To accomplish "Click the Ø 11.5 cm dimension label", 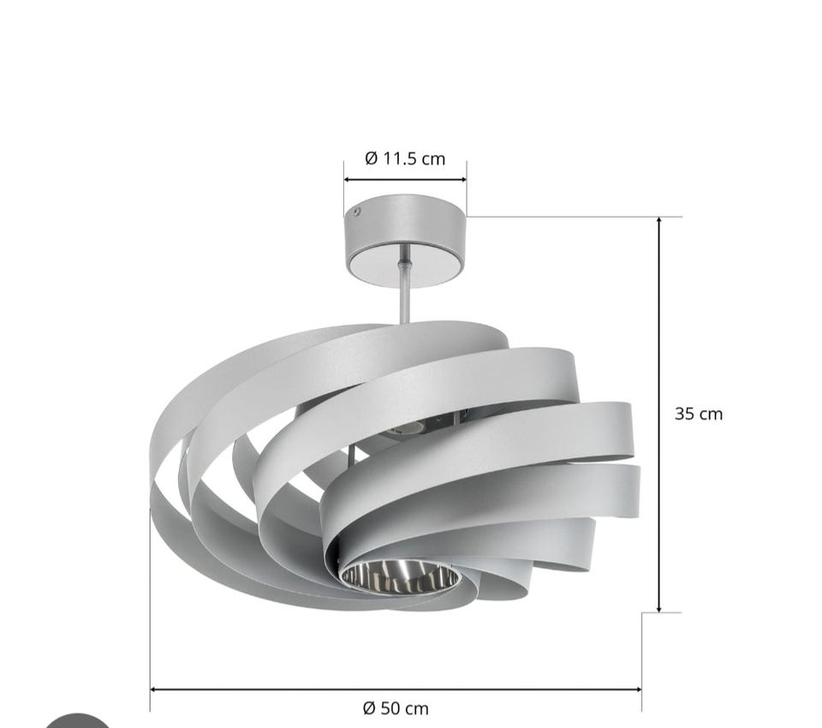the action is point(405,158).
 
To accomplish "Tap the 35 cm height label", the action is point(699,414).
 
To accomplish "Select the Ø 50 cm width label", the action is point(396,708).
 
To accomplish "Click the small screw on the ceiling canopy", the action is point(356,212).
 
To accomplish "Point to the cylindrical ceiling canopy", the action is point(405,240).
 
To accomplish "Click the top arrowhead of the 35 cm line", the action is point(659,220).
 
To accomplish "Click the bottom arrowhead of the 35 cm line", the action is point(659,607).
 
